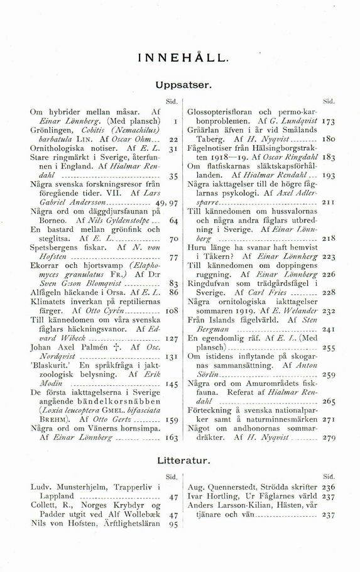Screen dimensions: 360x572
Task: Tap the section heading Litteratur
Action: pos(180,460)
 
